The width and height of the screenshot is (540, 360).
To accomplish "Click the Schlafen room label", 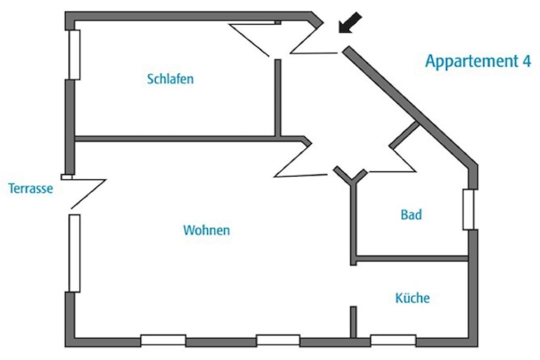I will click(x=170, y=80).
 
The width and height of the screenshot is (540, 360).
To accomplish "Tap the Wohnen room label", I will click(x=206, y=230).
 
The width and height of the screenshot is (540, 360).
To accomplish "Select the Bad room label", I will click(x=411, y=215).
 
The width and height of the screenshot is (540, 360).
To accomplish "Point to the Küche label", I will click(x=412, y=298).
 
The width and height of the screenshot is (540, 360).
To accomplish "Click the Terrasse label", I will click(x=31, y=188).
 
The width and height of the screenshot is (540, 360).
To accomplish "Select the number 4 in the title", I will click(x=526, y=61).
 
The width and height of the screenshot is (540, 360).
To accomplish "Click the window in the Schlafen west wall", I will click(x=74, y=55).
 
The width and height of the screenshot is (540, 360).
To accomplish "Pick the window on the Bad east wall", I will click(x=468, y=209).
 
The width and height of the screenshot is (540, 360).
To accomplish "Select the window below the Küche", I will click(x=393, y=340).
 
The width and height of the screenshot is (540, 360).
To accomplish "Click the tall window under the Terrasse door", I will click(x=74, y=253).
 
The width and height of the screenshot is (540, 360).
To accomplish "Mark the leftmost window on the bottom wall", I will click(x=163, y=340).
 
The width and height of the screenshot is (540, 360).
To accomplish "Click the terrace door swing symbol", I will click(x=86, y=193).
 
